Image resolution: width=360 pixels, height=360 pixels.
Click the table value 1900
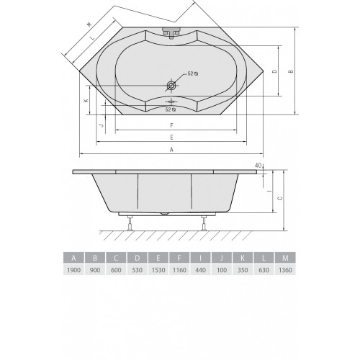pos(73,270)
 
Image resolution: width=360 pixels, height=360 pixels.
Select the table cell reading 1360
pos(285,270)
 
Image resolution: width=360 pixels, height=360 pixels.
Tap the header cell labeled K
pos(243,258)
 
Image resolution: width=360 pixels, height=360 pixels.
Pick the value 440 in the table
pos(200,270)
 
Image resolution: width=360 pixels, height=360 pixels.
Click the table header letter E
pos(158,258)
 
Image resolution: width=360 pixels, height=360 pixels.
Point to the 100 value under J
pos(222,270)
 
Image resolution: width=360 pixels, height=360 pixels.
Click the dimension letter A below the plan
pos(171,150)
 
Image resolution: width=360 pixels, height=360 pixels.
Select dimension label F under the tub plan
pos(171,125)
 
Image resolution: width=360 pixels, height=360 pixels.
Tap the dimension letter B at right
pos(291,71)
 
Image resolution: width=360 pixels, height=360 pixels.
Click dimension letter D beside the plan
pos(275,71)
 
